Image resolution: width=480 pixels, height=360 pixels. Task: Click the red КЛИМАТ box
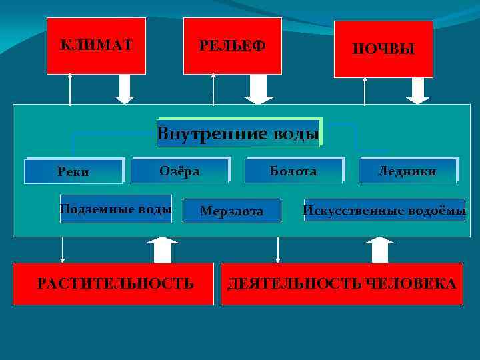(x=96, y=45)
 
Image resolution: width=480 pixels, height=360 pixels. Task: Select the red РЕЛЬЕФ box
(x=232, y=45)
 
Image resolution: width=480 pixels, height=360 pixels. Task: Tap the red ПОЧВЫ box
(x=383, y=49)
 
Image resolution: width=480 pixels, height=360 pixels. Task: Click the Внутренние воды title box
(x=239, y=133)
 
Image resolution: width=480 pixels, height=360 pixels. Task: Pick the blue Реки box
(x=73, y=171)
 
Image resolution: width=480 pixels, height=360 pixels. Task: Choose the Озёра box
(x=180, y=171)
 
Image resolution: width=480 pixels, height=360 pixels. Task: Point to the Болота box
(x=294, y=171)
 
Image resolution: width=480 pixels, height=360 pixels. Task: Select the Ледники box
(x=407, y=171)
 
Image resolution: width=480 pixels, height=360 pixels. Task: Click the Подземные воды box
(x=115, y=209)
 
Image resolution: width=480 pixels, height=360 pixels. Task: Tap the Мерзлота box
(x=232, y=211)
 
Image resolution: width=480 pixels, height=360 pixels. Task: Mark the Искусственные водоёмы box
(x=385, y=211)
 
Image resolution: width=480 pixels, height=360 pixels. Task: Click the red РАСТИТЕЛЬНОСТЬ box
(x=115, y=283)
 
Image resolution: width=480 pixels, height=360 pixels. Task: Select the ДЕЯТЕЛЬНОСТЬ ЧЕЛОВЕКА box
(x=341, y=284)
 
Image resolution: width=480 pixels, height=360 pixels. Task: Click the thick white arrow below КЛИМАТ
(x=125, y=89)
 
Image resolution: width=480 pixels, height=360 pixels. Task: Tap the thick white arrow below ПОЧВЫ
(x=418, y=91)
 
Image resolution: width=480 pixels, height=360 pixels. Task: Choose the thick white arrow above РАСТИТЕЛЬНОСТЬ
(x=158, y=249)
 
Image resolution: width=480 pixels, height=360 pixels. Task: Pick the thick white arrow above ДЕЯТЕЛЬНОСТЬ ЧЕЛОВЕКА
(x=380, y=249)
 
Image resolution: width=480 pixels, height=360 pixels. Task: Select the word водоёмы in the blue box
(x=437, y=211)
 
